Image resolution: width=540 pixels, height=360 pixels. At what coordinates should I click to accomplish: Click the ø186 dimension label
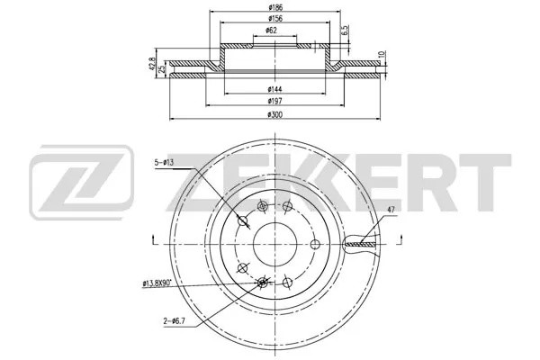274,7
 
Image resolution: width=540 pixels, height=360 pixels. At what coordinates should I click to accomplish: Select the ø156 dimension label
274,18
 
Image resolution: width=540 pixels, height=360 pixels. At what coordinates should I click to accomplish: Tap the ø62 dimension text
272,31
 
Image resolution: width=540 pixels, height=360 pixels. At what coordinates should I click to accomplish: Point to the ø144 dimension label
274,89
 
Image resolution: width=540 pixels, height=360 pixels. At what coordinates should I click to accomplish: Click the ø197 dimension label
274,101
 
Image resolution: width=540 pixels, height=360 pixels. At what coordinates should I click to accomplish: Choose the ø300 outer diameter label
274,115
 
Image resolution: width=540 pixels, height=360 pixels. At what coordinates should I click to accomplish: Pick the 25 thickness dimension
161,69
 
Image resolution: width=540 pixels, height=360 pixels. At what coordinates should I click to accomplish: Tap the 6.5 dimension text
346,30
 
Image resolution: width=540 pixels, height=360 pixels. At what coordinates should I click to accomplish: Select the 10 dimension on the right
381,55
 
